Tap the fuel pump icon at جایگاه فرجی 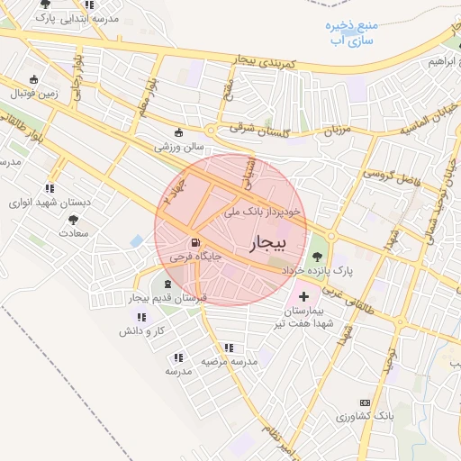tap(194, 243)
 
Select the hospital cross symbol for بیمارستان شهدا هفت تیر tap(303, 295)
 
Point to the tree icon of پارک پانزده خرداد tap(316, 255)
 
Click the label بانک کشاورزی tap(365, 417)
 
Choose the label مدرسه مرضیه tap(229, 361)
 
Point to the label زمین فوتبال tap(34, 93)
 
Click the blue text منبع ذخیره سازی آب tap(352, 33)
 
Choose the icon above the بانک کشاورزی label tap(365, 402)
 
